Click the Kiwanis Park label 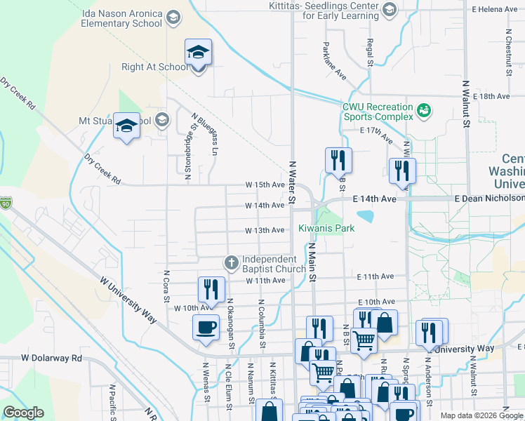pos(326,228)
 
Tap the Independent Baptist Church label pos(274,264)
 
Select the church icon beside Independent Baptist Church pos(231,262)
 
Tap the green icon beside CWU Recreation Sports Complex pos(423,109)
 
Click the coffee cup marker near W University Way pos(206,328)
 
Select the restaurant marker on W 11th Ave pos(211,288)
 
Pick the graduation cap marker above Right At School pos(199,52)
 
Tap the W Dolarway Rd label pos(51,358)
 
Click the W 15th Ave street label pos(265,185)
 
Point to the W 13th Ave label pos(265,231)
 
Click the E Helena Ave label pos(494,9)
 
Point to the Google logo pos(24,413)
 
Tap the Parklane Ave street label pos(335,61)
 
